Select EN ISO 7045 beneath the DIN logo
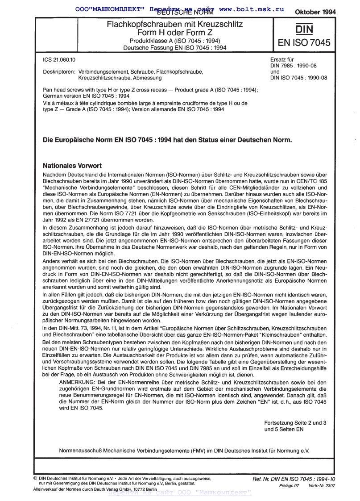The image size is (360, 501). [304, 43]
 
